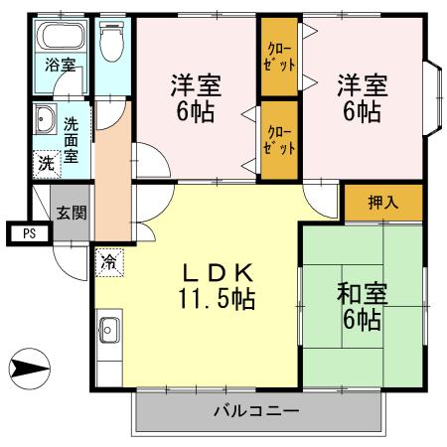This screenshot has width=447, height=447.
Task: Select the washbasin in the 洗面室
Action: pos(44,123)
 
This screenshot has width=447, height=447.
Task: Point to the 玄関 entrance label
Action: pos(71,212)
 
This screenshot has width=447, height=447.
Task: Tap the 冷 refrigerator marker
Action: pos(106,265)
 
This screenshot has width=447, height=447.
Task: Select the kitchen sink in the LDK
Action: pos(109,331)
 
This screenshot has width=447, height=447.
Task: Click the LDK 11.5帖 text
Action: pos(219,285)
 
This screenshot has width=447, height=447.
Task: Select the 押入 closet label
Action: pos(382,203)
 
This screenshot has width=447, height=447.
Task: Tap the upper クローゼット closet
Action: pos(280,58)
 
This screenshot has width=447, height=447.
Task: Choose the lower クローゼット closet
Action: pos(280,139)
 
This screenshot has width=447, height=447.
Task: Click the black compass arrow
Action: pos(29,370)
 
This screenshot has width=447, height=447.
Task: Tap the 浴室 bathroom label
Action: pos(61,68)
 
